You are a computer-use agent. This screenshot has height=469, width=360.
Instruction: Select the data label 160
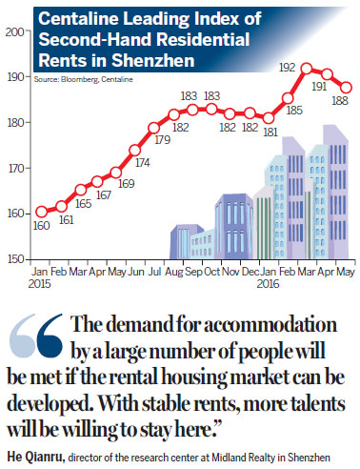coord(41,226)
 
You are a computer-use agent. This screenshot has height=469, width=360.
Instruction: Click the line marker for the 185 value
coord(289,97)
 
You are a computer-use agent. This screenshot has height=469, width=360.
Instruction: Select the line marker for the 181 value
coord(270,116)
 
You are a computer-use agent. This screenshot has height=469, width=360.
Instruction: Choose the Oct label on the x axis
coord(211,271)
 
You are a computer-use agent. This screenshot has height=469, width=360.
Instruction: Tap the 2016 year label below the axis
coord(269,283)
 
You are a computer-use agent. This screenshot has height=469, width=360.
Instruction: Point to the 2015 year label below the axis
coord(41,283)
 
